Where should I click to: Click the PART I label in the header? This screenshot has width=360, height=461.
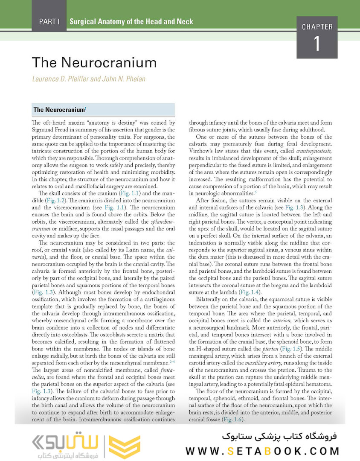pyautogui.click(x=49, y=21)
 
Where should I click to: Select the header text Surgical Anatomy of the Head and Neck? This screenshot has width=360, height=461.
pyautogui.click(x=131, y=21)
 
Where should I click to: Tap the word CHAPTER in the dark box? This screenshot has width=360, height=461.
pyautogui.click(x=317, y=27)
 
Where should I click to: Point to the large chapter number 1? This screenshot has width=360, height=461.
pyautogui.click(x=317, y=44)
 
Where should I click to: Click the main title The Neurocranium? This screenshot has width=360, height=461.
pyautogui.click(x=94, y=63)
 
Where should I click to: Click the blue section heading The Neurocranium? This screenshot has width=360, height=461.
pyautogui.click(x=59, y=110)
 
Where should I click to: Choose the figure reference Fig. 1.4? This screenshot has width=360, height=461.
pyautogui.click(x=250, y=292)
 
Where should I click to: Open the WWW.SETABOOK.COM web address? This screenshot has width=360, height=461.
pyautogui.click(x=263, y=451)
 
